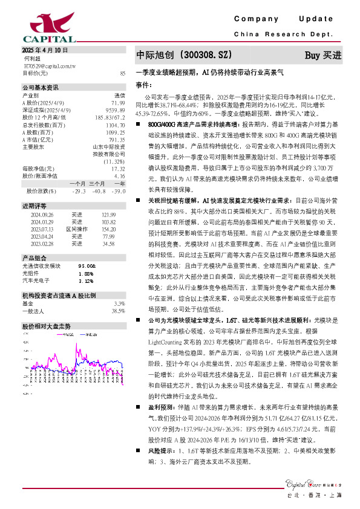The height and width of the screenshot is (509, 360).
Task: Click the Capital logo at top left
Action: (37, 27)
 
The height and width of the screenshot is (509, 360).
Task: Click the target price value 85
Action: (123, 73)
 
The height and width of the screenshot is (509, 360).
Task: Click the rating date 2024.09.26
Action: (42, 214)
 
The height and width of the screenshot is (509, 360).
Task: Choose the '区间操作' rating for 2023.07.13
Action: (76, 230)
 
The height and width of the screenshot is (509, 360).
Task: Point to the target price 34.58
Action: (108, 244)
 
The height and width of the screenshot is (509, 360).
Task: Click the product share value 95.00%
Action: (87, 265)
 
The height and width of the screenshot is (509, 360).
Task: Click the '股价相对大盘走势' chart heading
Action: (47, 325)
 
